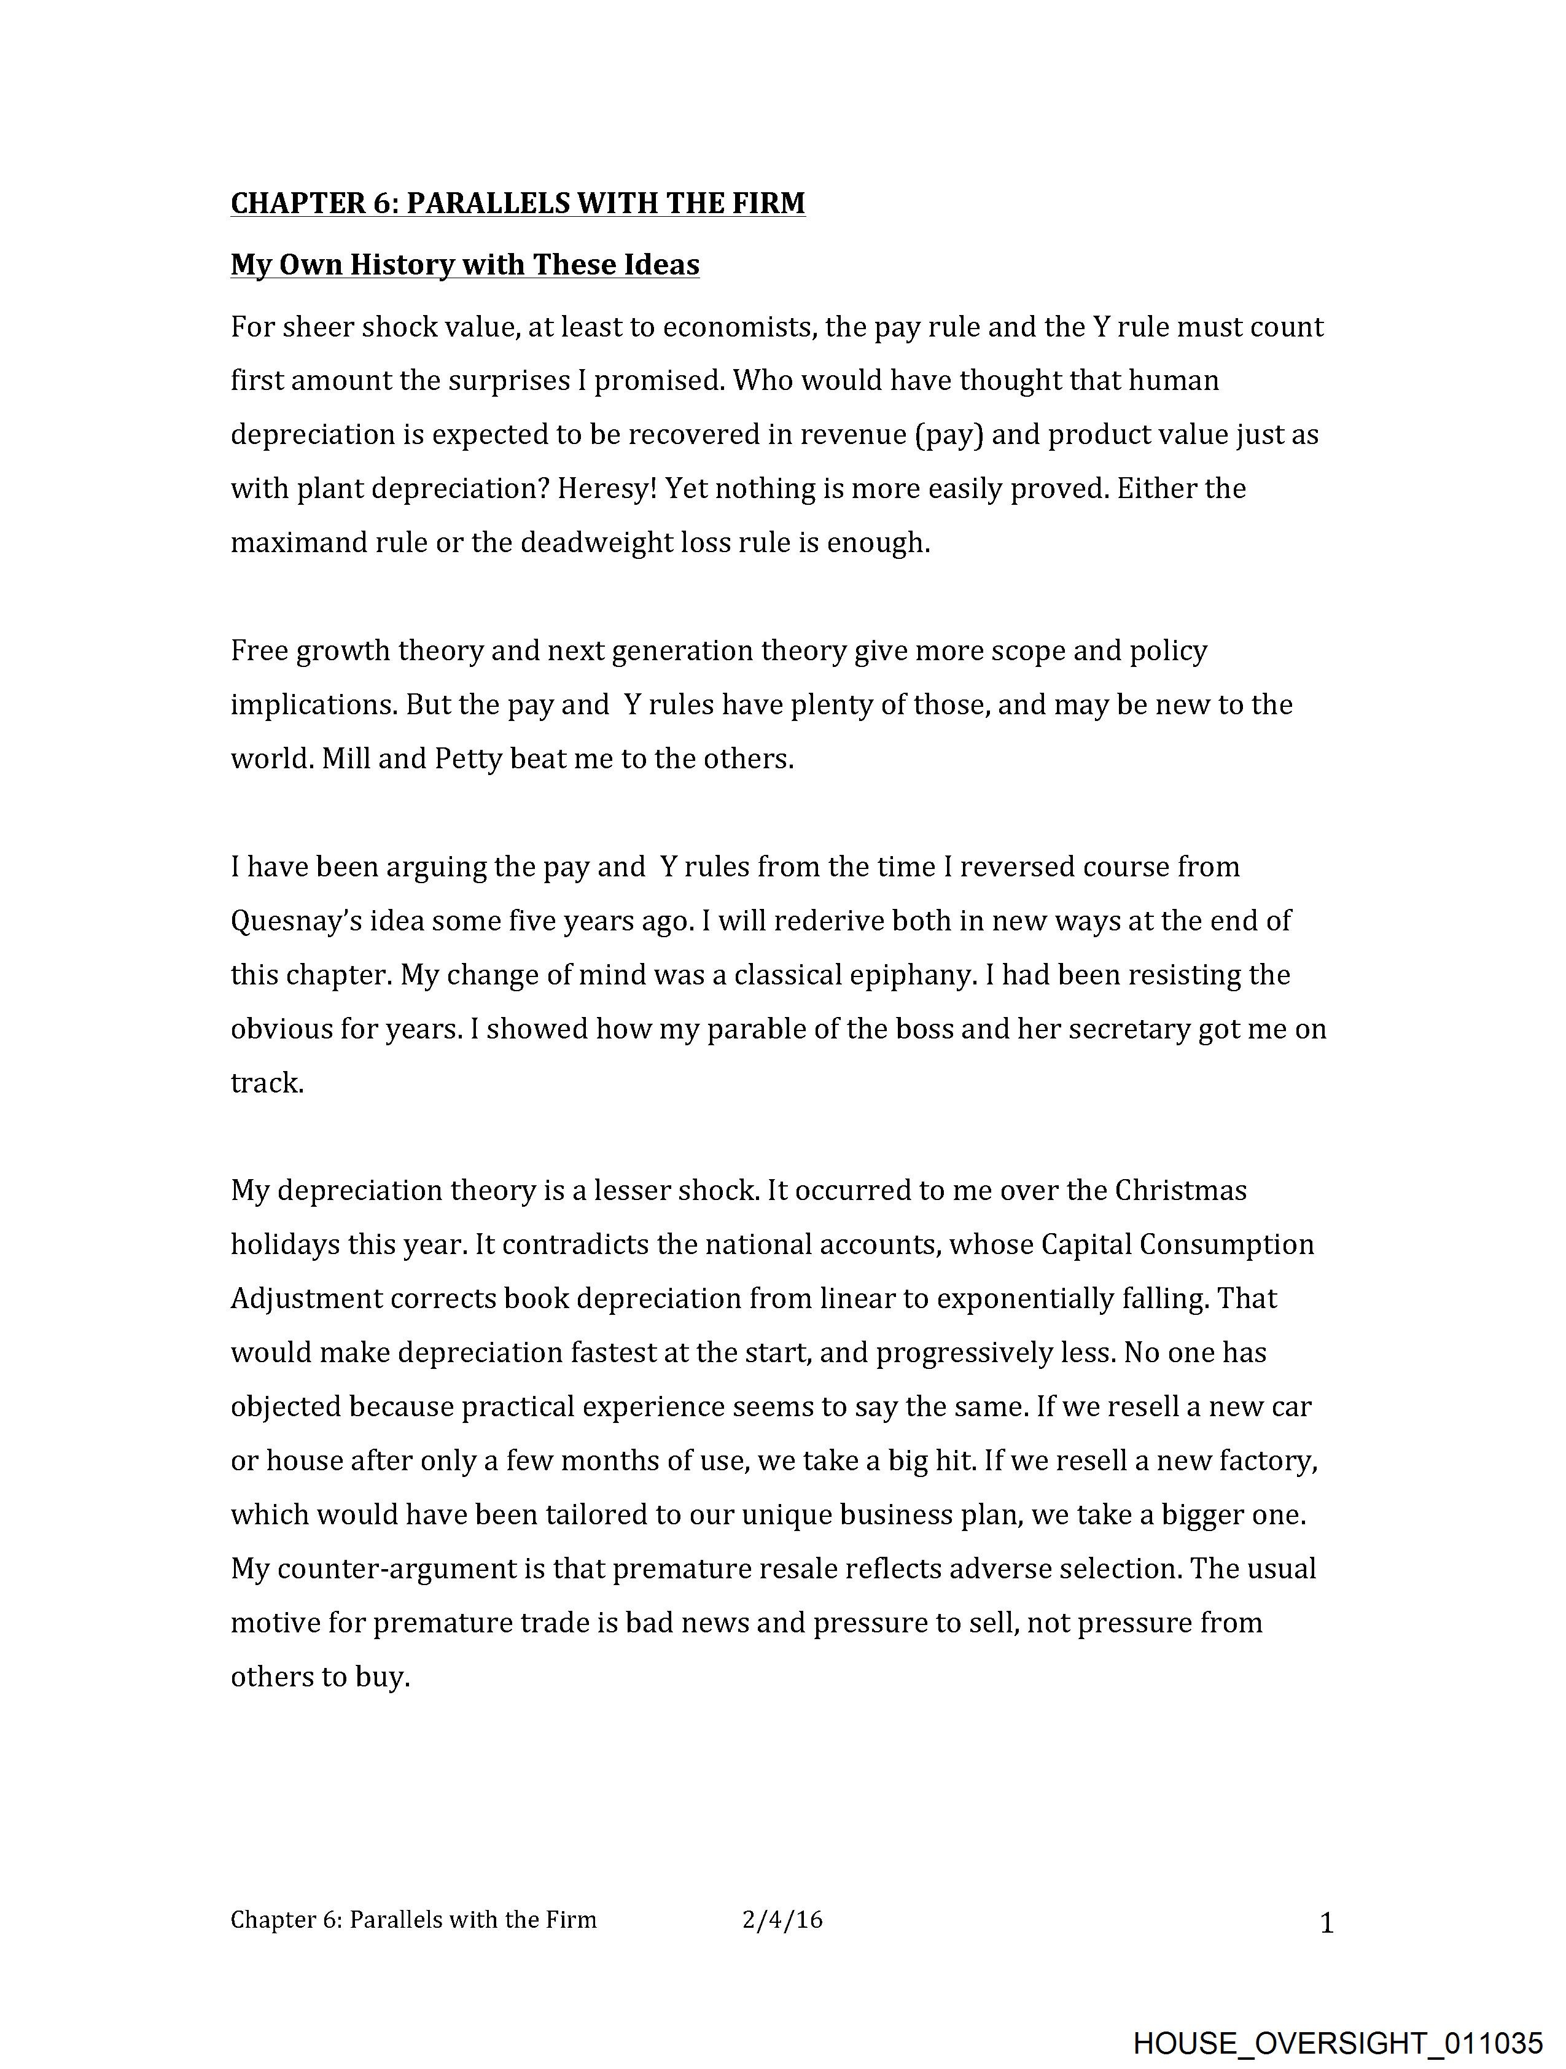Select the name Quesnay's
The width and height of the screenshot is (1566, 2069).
(297, 921)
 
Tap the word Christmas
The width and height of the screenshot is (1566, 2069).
(1180, 1191)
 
